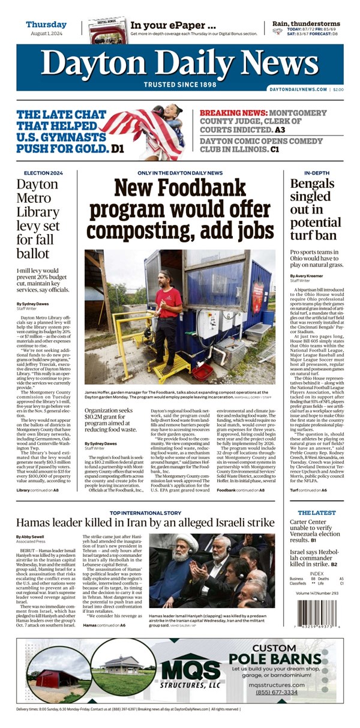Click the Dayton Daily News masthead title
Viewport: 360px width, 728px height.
[179, 62]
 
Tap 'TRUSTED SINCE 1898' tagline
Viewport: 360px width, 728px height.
[179, 84]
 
